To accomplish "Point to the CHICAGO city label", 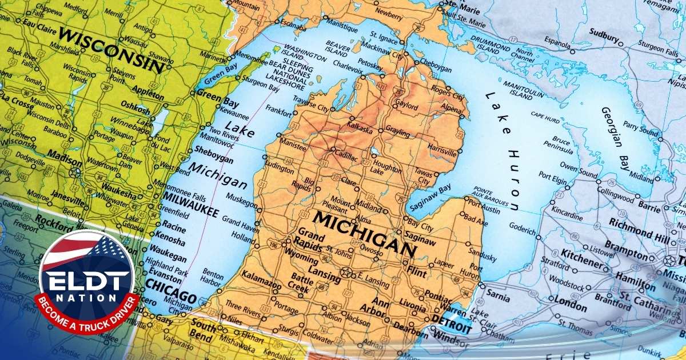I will pos(171,291).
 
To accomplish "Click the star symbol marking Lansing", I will pos(345,272).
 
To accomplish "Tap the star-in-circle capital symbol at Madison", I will pos(74,172).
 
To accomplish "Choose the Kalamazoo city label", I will pos(262,283).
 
